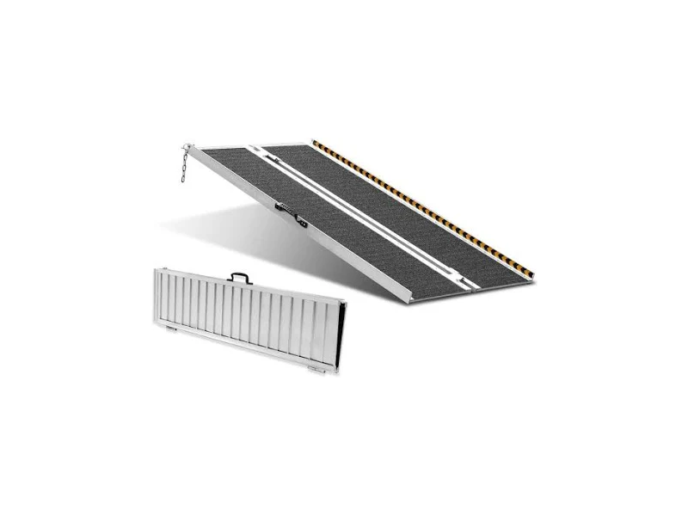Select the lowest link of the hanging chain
tap(183, 179)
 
